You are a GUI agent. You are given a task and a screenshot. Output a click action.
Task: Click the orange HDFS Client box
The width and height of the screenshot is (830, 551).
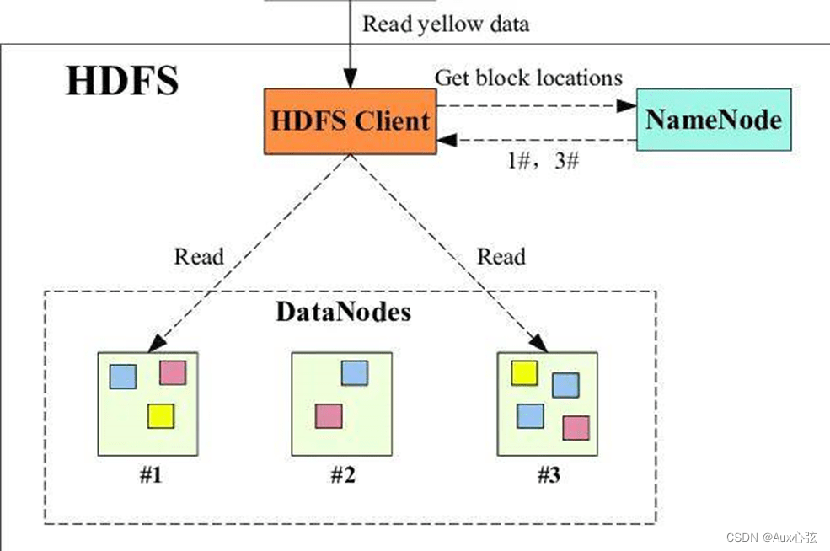(x=351, y=120)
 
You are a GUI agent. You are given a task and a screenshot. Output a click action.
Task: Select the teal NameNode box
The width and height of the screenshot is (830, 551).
(x=714, y=119)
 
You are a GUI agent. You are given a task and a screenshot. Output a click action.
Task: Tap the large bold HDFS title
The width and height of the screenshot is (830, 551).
(x=122, y=81)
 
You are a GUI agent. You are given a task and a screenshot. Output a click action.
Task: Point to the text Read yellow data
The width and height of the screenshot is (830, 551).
(x=446, y=24)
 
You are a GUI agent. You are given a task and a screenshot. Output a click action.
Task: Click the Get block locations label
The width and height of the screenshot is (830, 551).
(x=528, y=78)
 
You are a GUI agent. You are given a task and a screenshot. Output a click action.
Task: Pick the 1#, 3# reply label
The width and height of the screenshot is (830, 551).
(x=543, y=162)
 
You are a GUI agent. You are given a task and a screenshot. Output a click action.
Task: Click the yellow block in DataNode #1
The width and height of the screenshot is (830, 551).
(x=160, y=415)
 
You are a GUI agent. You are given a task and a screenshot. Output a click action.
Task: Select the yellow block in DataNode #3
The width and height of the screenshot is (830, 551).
(x=525, y=372)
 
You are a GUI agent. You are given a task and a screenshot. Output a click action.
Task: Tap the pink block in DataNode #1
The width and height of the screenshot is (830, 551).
(x=173, y=372)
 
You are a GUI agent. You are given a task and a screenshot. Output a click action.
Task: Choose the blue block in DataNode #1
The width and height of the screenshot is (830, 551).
(x=123, y=376)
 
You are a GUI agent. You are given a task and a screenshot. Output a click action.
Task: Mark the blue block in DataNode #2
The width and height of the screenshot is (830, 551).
(x=355, y=372)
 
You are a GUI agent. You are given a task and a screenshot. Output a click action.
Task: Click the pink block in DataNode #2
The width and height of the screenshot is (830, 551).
(x=329, y=415)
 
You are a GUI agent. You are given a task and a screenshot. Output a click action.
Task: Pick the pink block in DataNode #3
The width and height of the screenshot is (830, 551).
(x=576, y=428)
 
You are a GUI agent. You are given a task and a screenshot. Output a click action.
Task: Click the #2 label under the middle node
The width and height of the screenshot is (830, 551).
(x=342, y=475)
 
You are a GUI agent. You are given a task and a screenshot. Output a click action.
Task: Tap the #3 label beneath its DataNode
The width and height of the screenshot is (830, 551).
(x=549, y=475)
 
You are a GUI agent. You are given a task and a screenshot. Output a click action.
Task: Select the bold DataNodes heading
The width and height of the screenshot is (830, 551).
(x=344, y=313)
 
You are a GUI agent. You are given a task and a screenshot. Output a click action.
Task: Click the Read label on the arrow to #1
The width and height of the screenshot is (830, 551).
(x=199, y=256)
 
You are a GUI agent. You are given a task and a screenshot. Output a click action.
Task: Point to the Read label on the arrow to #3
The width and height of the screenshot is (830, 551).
(x=501, y=256)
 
